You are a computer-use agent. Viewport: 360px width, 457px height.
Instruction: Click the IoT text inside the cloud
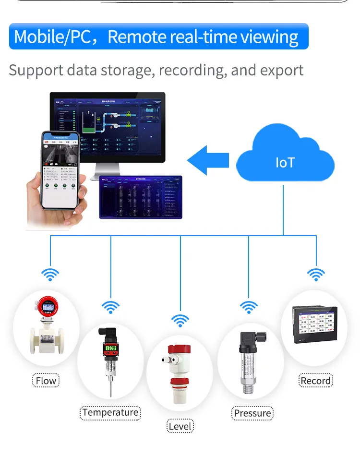pos(285,162)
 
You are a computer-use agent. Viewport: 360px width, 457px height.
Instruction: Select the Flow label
pos(46,381)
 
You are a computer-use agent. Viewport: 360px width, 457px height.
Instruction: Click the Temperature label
pos(110,412)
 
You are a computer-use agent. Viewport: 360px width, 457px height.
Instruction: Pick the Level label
pos(180,426)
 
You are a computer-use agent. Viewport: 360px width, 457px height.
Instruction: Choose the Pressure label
pos(252,413)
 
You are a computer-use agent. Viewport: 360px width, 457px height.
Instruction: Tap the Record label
pos(315,381)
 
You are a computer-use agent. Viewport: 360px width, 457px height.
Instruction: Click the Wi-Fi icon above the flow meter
pos(50,274)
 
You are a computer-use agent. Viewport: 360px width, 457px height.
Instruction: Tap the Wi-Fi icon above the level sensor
pos(180,320)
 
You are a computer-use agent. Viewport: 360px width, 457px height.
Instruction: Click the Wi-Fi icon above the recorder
pos(315,274)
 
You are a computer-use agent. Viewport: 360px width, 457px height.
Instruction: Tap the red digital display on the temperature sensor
pos(111,348)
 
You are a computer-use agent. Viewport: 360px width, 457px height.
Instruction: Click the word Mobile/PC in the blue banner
pos(52,37)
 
